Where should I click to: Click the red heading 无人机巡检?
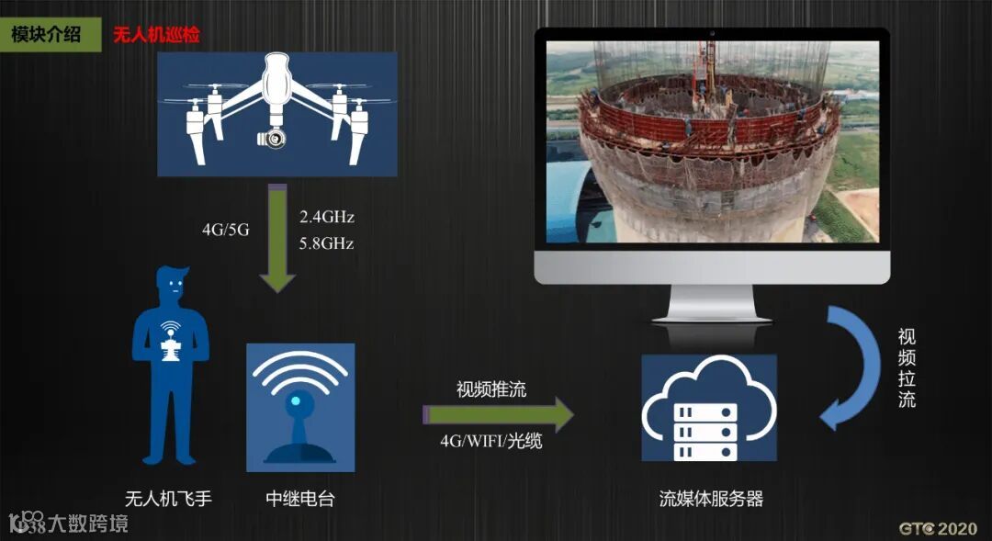coord(156,36)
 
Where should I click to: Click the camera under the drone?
coord(272,137)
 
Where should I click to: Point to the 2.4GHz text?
coord(326,218)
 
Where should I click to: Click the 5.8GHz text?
coord(326,244)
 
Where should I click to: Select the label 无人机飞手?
coord(168,500)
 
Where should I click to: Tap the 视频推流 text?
coord(491,389)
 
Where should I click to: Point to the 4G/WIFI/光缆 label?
coord(491,442)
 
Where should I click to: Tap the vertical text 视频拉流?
coord(907,368)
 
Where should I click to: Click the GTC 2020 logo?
coord(937,528)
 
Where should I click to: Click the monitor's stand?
coord(712,303)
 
